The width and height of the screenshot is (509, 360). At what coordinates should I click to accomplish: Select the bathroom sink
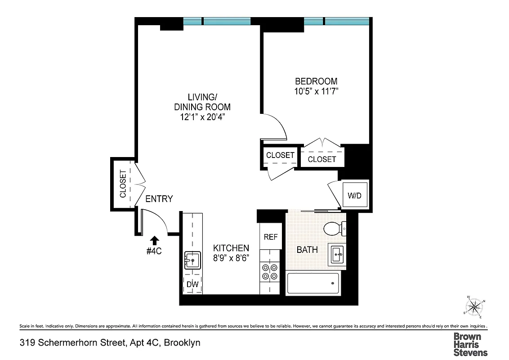point(337,255)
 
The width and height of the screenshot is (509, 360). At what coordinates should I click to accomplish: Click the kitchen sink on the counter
point(192,261)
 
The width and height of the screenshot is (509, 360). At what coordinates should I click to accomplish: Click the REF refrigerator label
point(270,237)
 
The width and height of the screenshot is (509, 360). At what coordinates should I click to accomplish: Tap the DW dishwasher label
point(192,284)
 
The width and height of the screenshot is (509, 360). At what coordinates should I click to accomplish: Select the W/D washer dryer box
point(355,196)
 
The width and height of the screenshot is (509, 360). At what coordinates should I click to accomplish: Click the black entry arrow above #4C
point(154,240)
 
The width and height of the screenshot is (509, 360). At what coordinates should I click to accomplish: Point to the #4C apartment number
point(154,251)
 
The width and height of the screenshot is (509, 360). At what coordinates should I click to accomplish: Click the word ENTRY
point(159,199)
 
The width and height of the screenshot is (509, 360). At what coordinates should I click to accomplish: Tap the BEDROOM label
point(316,81)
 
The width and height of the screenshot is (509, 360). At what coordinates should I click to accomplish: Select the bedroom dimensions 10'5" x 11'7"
point(316,91)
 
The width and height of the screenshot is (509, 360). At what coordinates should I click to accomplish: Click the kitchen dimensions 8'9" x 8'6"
point(231,258)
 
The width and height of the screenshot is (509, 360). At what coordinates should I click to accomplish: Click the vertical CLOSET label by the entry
point(123,184)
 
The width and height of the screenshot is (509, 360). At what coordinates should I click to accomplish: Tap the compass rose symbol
point(474,307)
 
